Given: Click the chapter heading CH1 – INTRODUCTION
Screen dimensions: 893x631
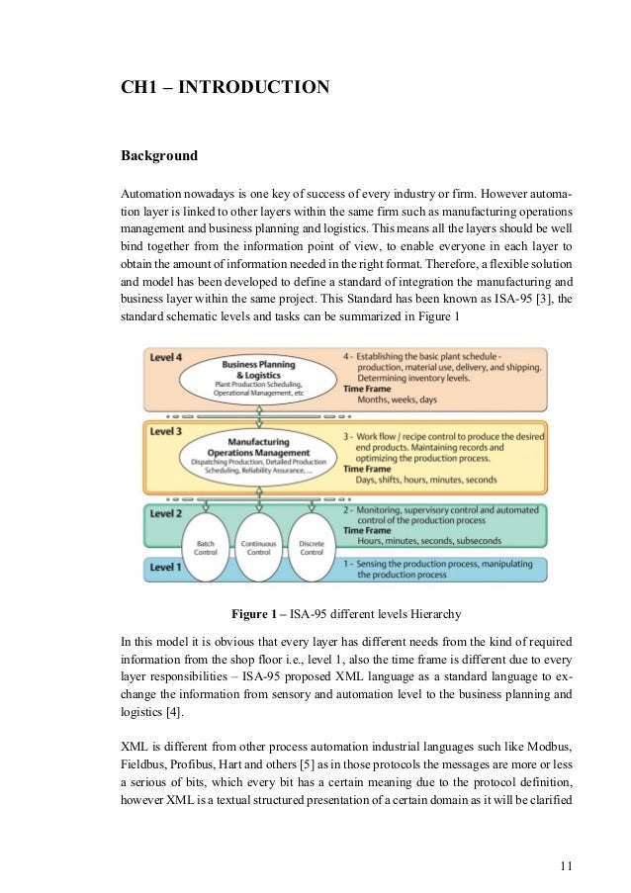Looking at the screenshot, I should click(225, 88).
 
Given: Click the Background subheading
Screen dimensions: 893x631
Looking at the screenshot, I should click(159, 156).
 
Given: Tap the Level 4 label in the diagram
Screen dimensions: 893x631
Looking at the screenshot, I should click(166, 356).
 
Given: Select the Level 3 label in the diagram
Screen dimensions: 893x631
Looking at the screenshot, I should click(166, 431).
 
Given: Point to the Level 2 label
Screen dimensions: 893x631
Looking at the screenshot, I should click(166, 514).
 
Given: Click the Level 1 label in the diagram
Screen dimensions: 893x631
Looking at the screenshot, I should click(166, 567).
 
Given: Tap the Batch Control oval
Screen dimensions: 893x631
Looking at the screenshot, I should click(206, 547).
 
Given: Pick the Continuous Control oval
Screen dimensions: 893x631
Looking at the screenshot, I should click(258, 547).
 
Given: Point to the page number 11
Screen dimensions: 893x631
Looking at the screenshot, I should click(566, 867).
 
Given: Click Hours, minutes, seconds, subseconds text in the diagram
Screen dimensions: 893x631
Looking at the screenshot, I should click(430, 541).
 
